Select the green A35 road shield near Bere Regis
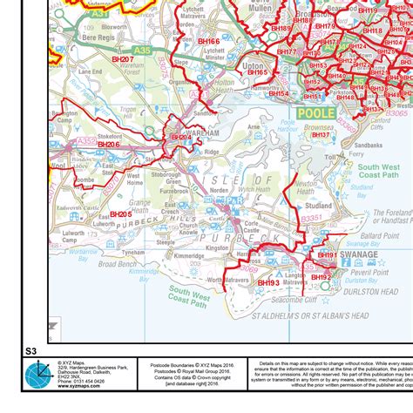click(142, 51)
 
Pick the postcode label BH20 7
click(122, 59)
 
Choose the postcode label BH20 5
click(120, 213)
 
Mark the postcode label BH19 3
click(267, 283)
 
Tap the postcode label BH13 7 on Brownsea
click(321, 135)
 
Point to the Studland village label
click(320, 206)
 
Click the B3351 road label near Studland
click(311, 220)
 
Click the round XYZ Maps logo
click(39, 376)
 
